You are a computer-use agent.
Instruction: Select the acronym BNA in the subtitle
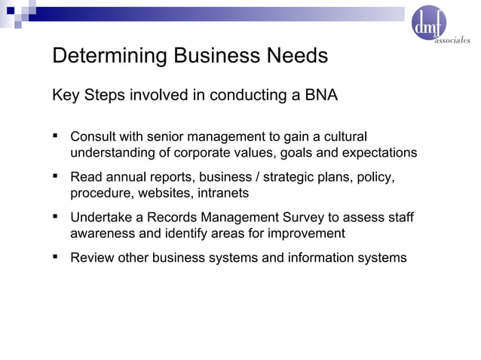point(320,96)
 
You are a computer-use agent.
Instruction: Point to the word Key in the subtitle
point(64,96)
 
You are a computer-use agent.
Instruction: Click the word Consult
point(93,138)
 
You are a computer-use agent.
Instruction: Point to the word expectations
point(378,154)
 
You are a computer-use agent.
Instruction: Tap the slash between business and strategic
point(256,178)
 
